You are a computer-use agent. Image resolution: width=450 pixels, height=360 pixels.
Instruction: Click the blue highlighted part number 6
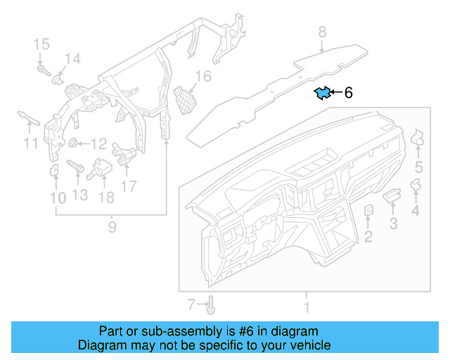coord(323,93)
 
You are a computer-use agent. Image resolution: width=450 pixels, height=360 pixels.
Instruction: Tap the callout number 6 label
coord(348,93)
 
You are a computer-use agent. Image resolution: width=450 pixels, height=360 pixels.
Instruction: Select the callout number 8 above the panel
coord(322,32)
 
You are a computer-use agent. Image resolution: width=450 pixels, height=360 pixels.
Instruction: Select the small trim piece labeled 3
coord(391,195)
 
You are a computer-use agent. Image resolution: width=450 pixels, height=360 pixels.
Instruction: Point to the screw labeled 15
coord(42,70)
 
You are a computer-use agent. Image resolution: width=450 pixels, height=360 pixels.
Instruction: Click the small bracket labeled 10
coord(54,171)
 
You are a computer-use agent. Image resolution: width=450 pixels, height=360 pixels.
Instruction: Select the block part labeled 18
coord(105,169)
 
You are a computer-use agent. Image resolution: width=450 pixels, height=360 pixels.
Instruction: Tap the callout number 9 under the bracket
coord(111,226)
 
